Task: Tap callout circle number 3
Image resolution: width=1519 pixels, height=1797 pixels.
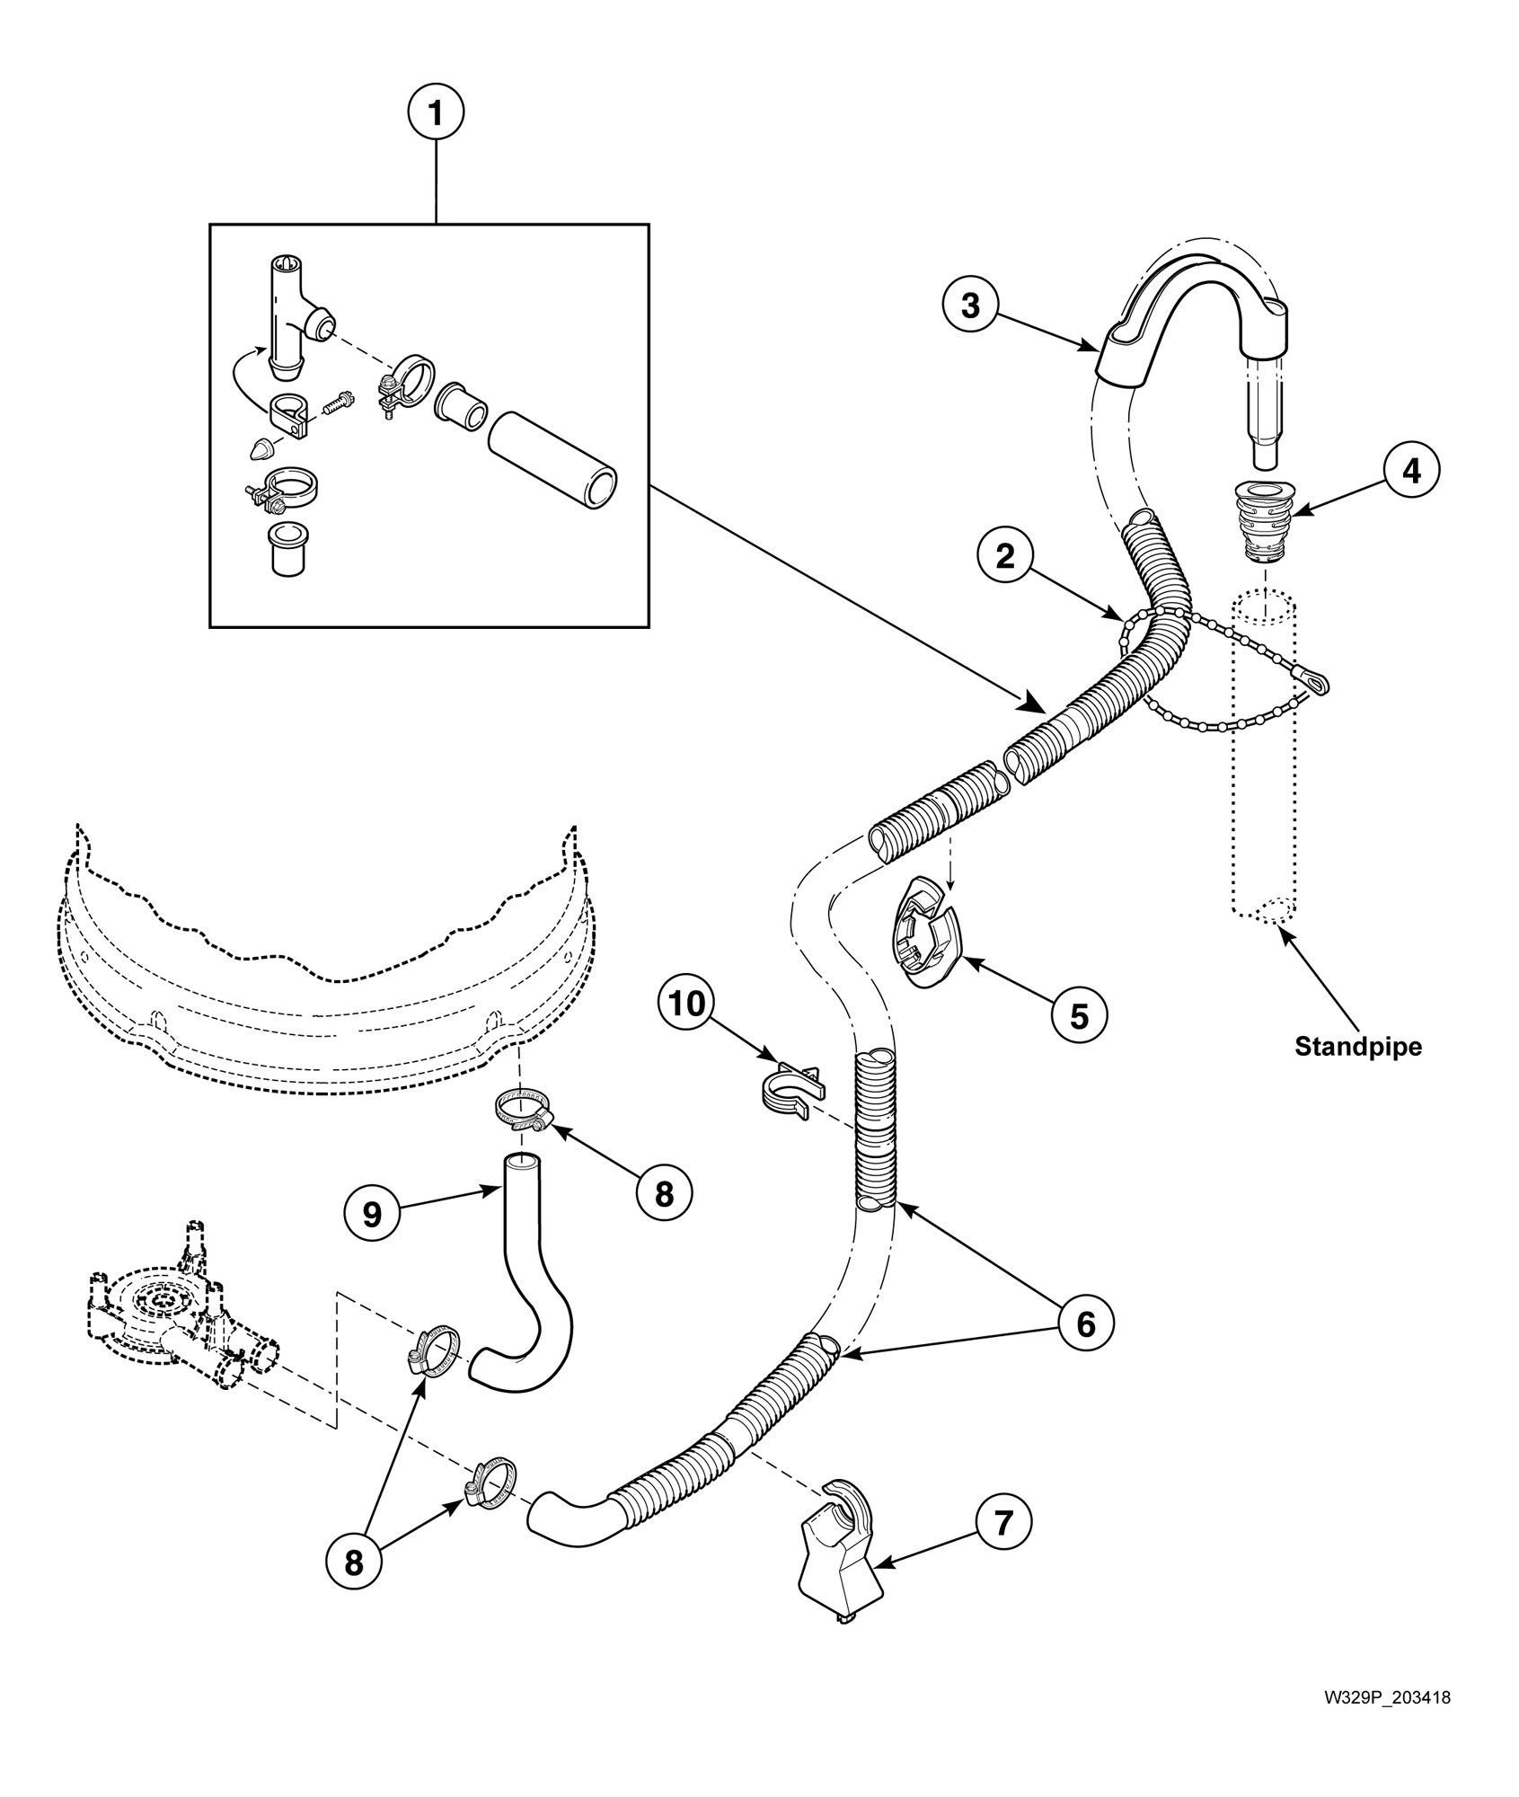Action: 971,305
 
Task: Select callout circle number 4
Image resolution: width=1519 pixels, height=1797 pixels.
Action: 1412,470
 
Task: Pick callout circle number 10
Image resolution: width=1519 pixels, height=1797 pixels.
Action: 687,1004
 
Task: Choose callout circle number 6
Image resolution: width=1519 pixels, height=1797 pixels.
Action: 1085,1323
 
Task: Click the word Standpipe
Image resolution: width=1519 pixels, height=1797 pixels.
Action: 1358,1047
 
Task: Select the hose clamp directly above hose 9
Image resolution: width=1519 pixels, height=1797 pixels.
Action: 522,1110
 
